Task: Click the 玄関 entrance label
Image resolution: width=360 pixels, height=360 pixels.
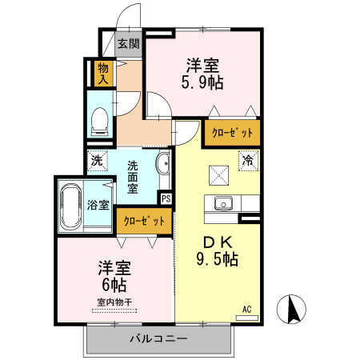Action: coord(129,44)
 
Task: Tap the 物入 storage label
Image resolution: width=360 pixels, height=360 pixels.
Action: coord(103,74)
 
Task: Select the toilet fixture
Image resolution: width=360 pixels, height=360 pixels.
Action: coord(100,122)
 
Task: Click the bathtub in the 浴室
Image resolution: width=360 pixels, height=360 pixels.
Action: coord(71,206)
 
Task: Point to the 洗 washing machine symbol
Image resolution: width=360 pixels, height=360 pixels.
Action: coord(97,161)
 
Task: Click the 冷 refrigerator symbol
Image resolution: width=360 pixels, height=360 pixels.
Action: coord(248,160)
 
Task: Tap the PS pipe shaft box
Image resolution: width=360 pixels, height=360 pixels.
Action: coord(166,198)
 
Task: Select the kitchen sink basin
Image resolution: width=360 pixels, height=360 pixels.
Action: coord(223,204)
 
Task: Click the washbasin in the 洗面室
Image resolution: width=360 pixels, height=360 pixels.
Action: coord(162,164)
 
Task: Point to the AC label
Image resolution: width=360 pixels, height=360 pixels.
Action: coord(247,310)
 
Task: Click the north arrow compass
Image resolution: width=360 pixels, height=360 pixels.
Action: coord(291,309)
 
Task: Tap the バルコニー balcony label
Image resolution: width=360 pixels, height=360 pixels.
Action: coord(158,339)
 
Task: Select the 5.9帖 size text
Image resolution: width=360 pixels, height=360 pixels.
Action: coord(202,82)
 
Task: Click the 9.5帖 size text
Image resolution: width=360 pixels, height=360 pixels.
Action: coord(218,259)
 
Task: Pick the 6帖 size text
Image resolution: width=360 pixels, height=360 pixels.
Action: coord(114,285)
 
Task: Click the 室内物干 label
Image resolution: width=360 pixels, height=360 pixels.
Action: coord(114,302)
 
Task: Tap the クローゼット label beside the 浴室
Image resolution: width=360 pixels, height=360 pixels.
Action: coord(144,221)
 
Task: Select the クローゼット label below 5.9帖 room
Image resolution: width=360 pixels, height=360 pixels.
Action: coord(232,133)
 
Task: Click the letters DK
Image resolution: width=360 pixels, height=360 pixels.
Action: coord(218,242)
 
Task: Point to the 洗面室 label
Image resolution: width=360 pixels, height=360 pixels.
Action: coord(133,177)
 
